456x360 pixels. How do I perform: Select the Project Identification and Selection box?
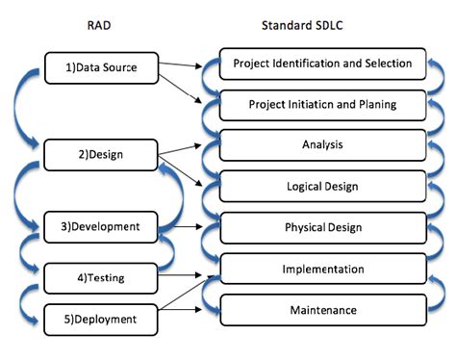click(x=322, y=64)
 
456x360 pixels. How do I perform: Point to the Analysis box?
click(x=322, y=145)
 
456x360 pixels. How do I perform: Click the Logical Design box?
click(x=322, y=187)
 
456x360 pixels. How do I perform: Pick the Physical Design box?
click(x=322, y=228)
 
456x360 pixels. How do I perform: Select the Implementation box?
click(x=322, y=270)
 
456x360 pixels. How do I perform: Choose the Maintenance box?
click(x=322, y=310)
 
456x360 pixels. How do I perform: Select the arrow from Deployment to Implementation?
click(x=189, y=297)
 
